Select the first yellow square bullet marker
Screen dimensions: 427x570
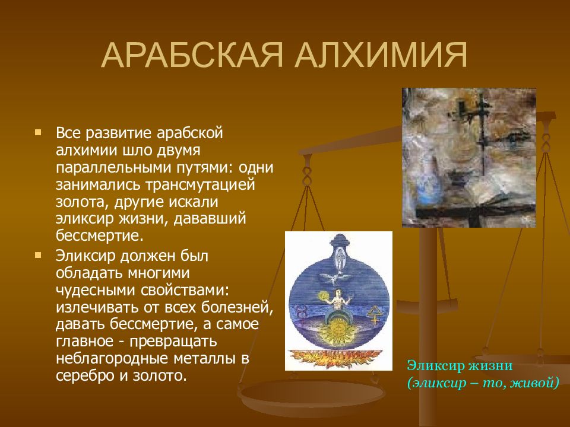tap(38, 132)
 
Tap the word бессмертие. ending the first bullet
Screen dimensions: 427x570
tap(100, 235)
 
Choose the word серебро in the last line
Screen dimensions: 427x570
tap(80, 376)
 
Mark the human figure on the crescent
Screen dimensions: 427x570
tap(338, 300)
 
